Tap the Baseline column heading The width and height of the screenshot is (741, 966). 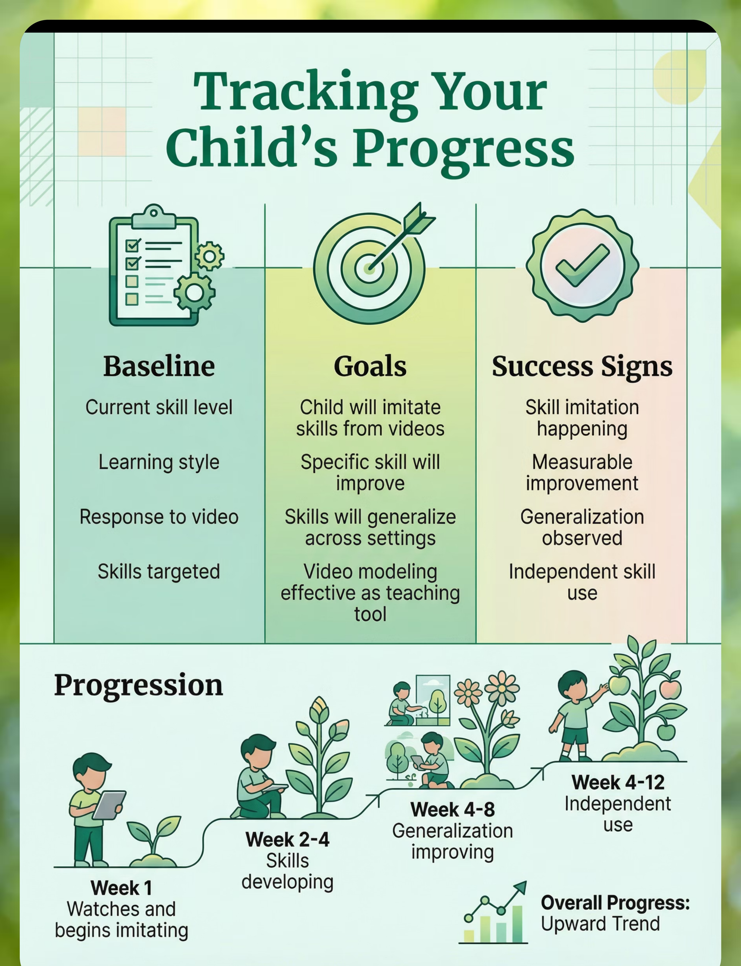coord(159,366)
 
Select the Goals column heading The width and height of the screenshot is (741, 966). coord(370,366)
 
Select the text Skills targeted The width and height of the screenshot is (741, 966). coord(159,572)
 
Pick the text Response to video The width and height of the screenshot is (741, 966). coord(159,517)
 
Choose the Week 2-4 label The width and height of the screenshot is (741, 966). coord(288,839)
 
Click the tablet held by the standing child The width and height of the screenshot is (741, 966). coord(108,805)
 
